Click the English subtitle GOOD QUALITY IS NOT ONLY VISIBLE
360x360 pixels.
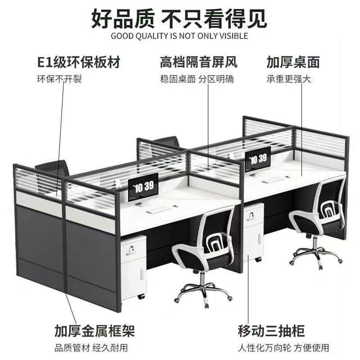click(179, 36)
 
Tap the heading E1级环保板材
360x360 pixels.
click(79, 62)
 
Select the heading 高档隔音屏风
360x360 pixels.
click(198, 62)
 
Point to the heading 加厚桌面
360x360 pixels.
click(293, 62)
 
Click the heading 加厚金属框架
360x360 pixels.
click(94, 331)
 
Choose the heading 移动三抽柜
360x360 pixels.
click(271, 331)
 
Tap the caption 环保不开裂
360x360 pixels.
click(59, 79)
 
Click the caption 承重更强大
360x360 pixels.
click(288, 79)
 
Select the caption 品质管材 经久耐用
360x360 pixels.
click(91, 348)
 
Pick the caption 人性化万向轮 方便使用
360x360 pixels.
click(283, 348)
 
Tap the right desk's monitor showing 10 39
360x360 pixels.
click(257, 160)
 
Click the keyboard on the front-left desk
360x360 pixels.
click(158, 209)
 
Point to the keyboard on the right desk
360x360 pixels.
click(273, 180)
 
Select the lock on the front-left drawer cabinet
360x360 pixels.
click(131, 250)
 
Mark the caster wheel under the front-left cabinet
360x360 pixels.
click(141, 297)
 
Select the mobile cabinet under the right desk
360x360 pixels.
click(253, 232)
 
